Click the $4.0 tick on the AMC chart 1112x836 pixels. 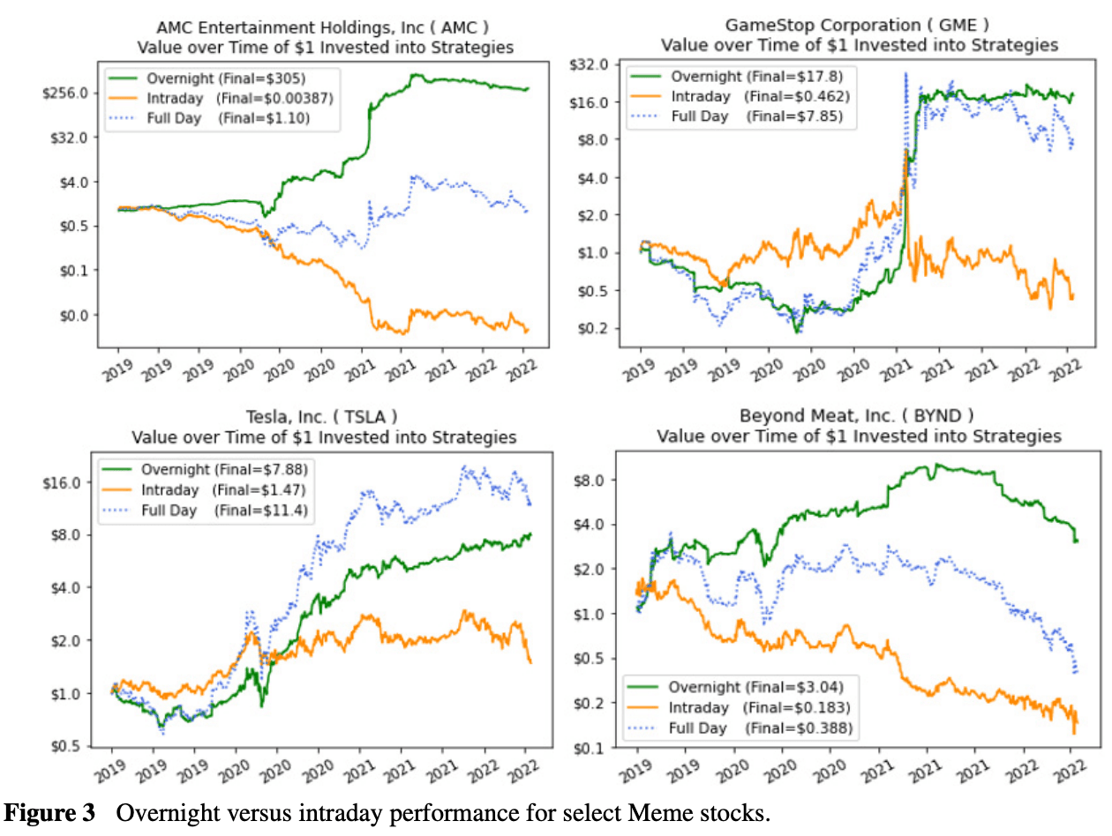(x=75, y=182)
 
